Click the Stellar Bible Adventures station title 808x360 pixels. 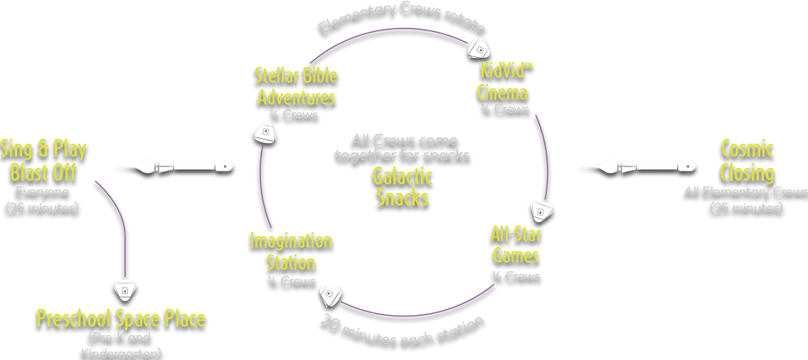click(297, 85)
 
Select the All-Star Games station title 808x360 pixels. click(516, 244)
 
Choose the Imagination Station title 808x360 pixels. click(291, 251)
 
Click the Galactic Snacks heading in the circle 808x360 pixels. click(403, 186)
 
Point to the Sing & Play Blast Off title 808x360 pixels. click(44, 161)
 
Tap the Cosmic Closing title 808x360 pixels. click(746, 161)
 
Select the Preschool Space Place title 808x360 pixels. click(121, 318)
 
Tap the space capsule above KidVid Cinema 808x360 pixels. click(479, 48)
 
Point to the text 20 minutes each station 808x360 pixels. click(402, 329)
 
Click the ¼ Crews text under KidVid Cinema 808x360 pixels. click(504, 109)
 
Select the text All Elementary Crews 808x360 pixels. click(745, 191)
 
